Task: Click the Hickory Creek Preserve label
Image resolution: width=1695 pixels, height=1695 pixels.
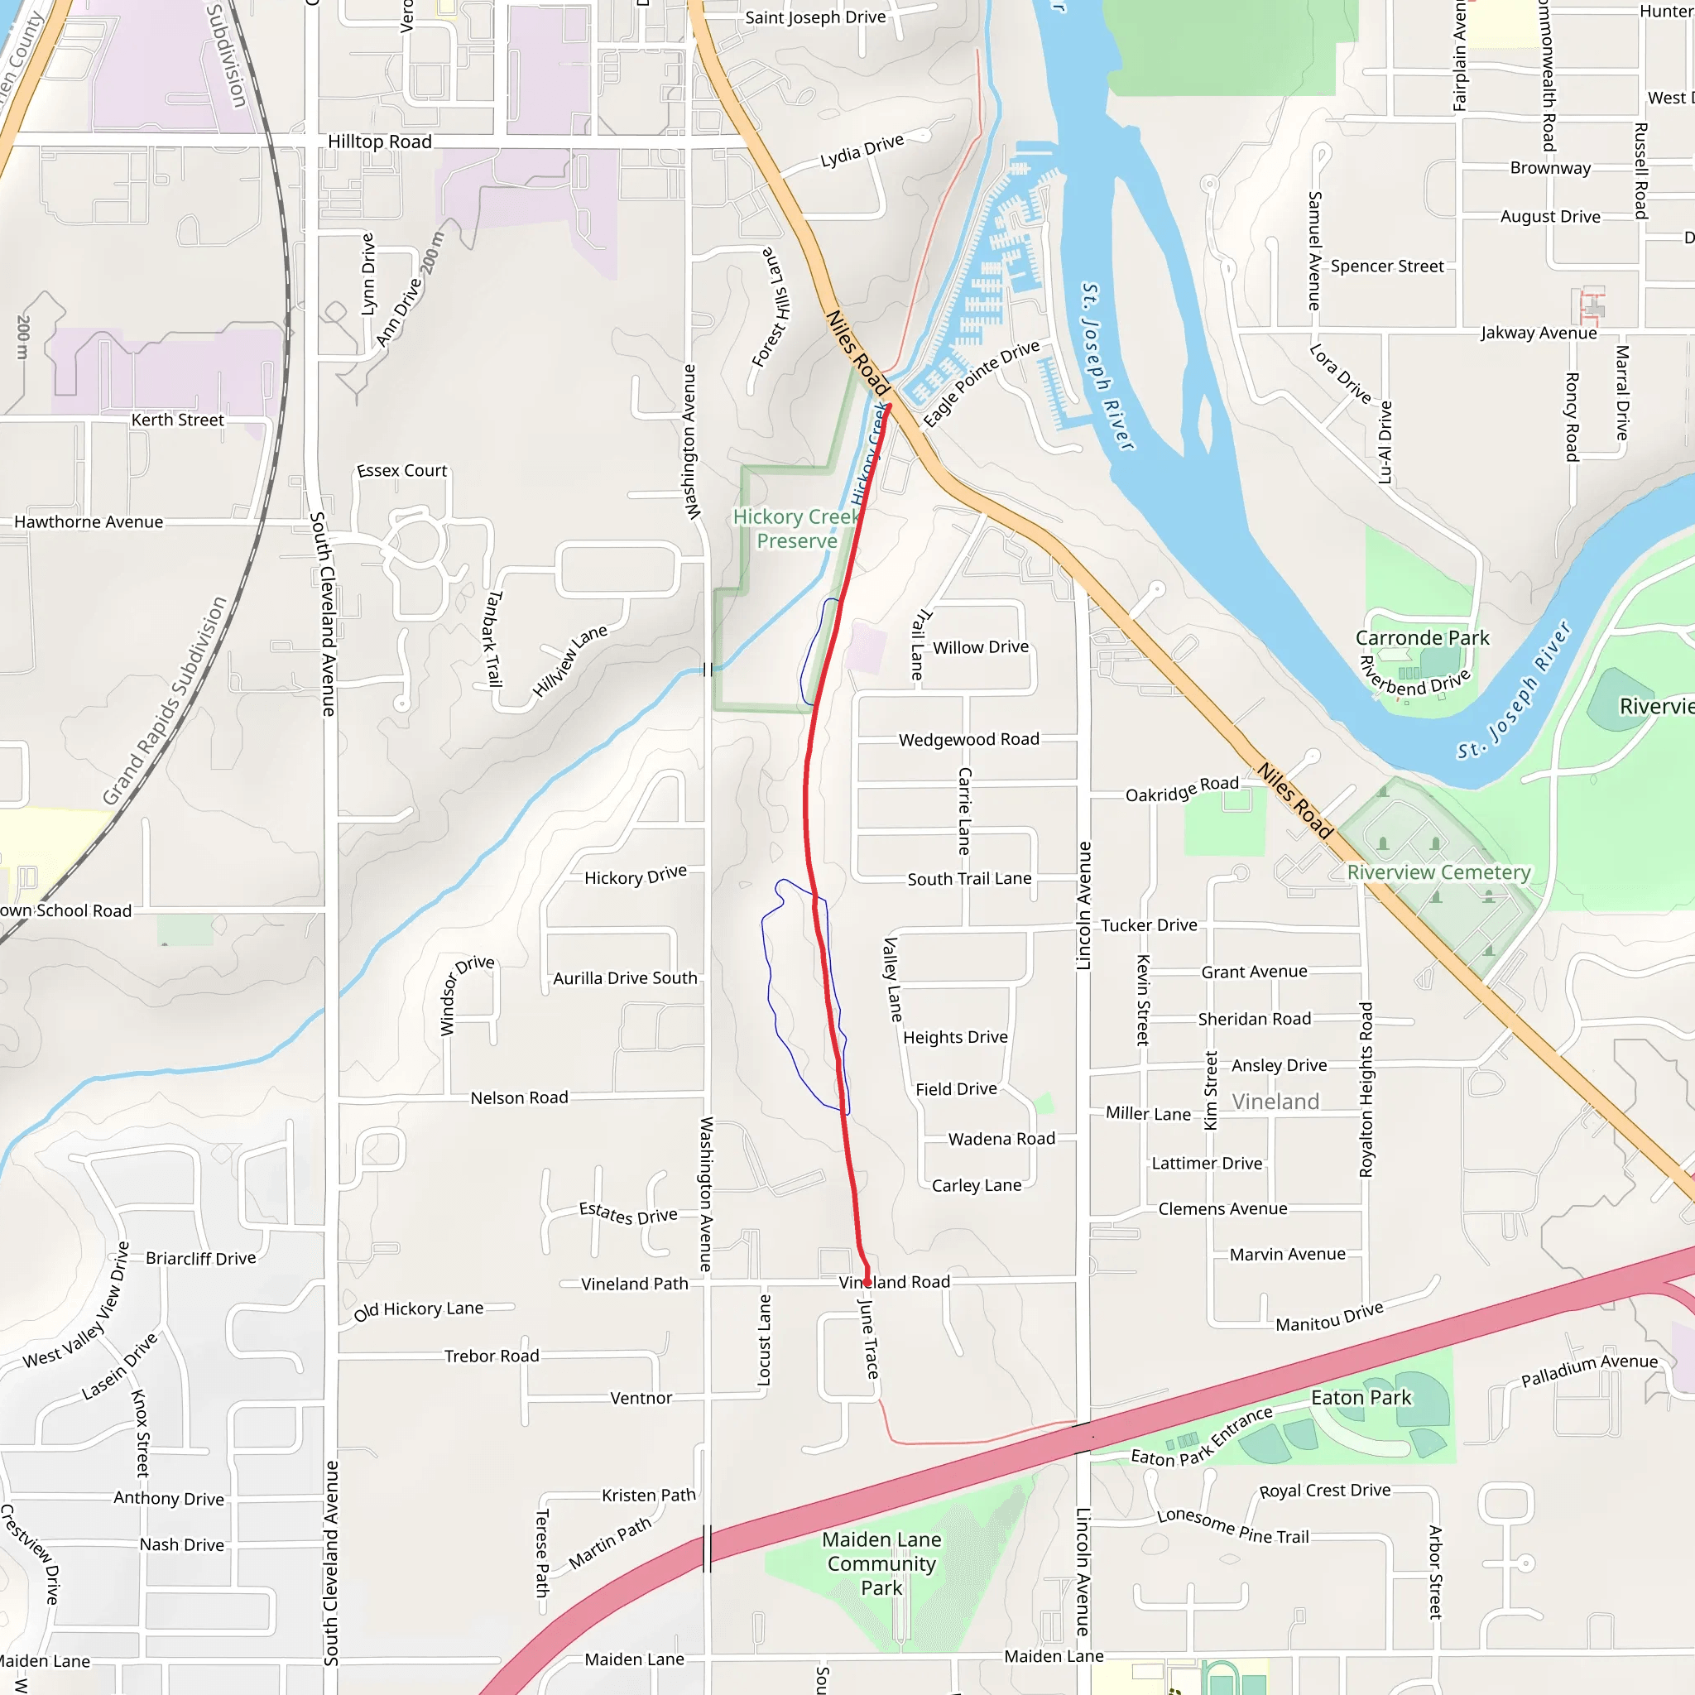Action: pyautogui.click(x=797, y=529)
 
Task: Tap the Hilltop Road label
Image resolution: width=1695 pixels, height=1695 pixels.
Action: pyautogui.click(x=379, y=142)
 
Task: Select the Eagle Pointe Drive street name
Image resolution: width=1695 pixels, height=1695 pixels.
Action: pyautogui.click(x=981, y=383)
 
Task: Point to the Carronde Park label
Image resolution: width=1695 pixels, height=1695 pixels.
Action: pyautogui.click(x=1422, y=638)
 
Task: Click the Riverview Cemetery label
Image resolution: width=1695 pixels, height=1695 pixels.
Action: pyautogui.click(x=1438, y=872)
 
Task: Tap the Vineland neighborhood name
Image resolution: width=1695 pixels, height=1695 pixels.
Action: pyautogui.click(x=1275, y=1101)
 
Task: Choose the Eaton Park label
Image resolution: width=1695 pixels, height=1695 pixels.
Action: pyautogui.click(x=1361, y=1398)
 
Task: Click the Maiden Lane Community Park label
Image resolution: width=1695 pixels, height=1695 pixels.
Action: pyautogui.click(x=881, y=1563)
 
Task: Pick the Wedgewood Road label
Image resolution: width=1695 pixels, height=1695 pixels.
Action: pyautogui.click(x=968, y=740)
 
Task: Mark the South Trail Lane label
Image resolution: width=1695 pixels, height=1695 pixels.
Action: pyautogui.click(x=968, y=878)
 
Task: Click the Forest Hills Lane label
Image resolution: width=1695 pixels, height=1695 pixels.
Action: pyautogui.click(x=771, y=307)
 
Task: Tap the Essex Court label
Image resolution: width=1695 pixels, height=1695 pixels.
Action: pyautogui.click(x=401, y=471)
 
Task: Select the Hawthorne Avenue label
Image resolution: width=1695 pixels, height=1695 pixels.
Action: pyautogui.click(x=89, y=522)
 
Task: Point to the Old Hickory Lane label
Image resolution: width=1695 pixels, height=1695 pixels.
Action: pyautogui.click(x=419, y=1310)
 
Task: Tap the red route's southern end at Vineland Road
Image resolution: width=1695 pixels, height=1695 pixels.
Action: pyautogui.click(x=867, y=1283)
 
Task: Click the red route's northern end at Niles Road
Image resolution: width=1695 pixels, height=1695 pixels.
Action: pyautogui.click(x=888, y=406)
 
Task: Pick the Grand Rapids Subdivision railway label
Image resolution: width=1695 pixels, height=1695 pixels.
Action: pyautogui.click(x=164, y=701)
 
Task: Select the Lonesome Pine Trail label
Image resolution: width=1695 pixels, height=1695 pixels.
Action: pyautogui.click(x=1232, y=1526)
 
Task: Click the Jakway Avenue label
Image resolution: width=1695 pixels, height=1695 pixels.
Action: pyautogui.click(x=1538, y=333)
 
